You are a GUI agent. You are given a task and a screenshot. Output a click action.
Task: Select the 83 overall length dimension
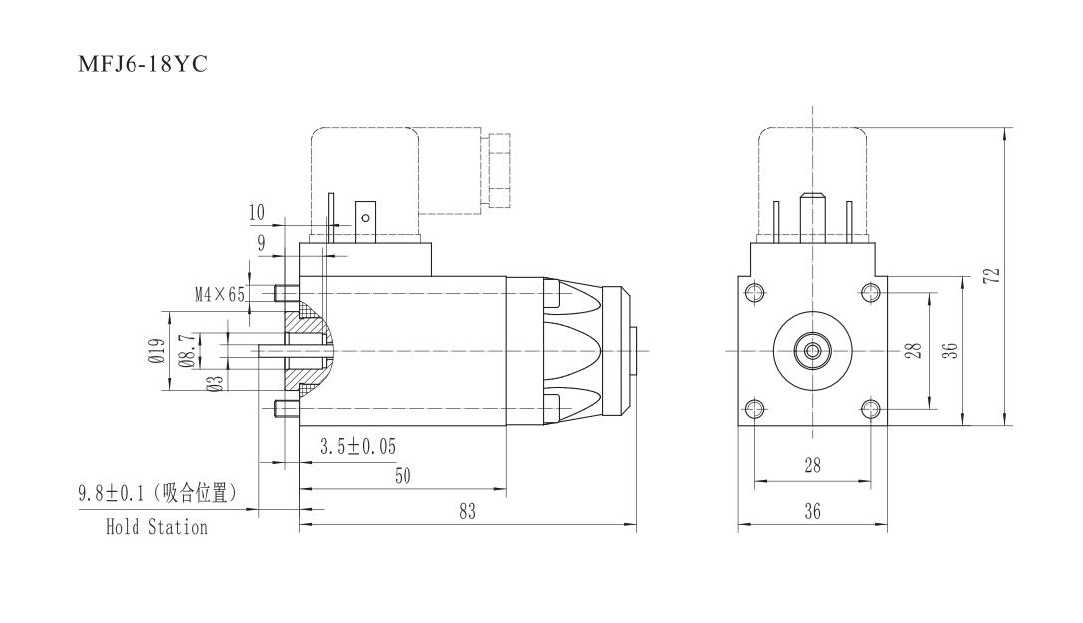pos(467,511)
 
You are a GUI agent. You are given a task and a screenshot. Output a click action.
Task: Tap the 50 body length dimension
pos(403,476)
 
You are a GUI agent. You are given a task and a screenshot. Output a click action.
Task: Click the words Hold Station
pos(156,527)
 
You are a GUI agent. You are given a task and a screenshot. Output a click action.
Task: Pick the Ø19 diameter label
pos(157,352)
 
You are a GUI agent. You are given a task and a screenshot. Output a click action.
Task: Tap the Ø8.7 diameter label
pos(186,351)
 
